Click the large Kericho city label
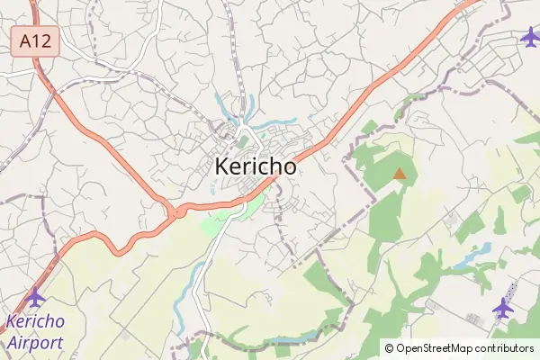(256, 166)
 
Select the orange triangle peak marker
(400, 172)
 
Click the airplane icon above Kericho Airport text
(36, 296)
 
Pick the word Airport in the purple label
(35, 342)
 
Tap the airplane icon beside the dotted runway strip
(502, 308)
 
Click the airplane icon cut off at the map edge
(531, 37)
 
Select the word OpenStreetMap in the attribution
(441, 348)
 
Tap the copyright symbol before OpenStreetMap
(389, 348)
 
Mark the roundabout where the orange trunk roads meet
(172, 213)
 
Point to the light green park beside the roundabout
(220, 220)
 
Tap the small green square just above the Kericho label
(243, 142)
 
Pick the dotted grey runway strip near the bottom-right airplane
(508, 292)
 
